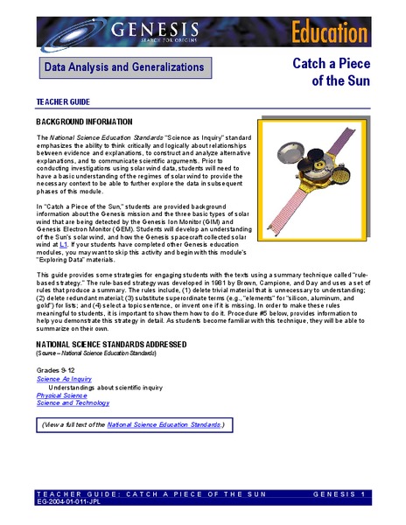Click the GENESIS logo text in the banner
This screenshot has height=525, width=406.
154,32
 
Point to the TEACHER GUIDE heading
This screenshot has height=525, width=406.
63,101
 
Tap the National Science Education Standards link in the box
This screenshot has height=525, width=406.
164,425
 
